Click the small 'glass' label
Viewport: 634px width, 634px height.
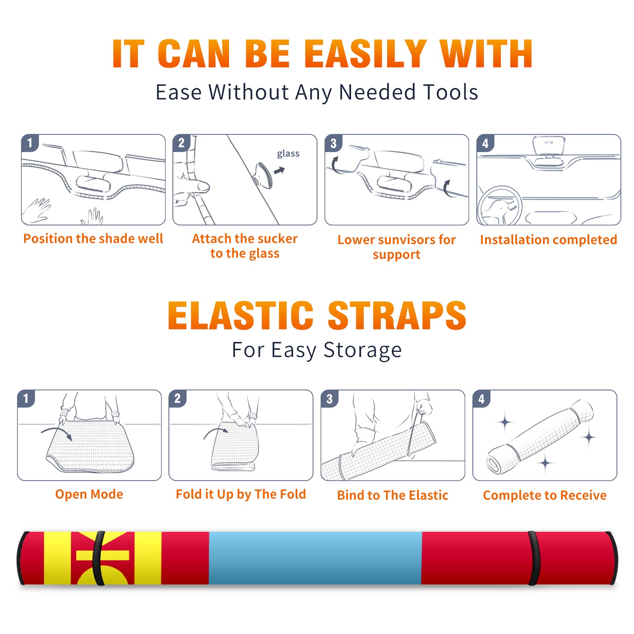(288, 153)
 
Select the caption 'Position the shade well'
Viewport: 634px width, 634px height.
(93, 239)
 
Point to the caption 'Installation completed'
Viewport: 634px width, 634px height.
(548, 239)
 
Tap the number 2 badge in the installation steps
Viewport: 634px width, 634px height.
(181, 143)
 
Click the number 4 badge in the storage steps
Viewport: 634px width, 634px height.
(481, 399)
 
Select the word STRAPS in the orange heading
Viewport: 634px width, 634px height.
(397, 315)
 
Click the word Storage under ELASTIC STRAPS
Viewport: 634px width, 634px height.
(363, 350)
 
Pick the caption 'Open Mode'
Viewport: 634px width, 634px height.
(89, 494)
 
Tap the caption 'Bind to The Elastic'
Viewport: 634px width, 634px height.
(393, 495)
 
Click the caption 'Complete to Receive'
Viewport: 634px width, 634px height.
(545, 495)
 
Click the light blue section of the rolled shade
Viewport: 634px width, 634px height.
(315, 558)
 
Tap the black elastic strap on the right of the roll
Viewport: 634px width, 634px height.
(533, 558)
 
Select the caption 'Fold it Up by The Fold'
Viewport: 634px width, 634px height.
(241, 494)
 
